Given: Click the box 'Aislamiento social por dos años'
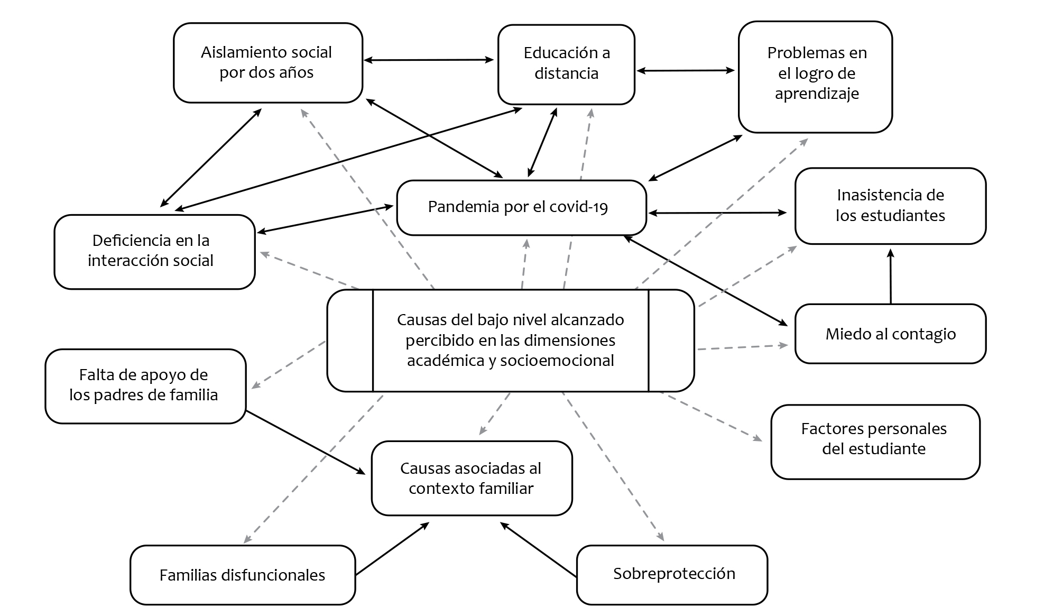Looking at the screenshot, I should (x=267, y=62).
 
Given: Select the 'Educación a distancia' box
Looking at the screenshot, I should (x=566, y=63).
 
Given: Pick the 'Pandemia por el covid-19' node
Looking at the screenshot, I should (x=521, y=207).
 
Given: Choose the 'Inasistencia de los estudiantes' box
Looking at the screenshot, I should (x=890, y=206).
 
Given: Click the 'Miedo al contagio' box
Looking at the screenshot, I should (x=890, y=334).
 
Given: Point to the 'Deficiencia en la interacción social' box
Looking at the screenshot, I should (x=154, y=251).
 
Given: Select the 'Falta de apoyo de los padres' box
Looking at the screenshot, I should (x=145, y=385).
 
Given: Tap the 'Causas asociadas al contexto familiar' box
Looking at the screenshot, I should (x=472, y=478).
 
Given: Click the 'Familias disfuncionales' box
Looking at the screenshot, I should (x=242, y=575).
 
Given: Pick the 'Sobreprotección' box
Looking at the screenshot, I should (x=672, y=574).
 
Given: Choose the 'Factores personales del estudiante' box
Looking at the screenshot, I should (x=875, y=442).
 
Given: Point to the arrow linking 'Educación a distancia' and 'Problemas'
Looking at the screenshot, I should (x=686, y=70).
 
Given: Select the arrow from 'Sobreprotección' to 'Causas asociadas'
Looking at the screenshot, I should (x=538, y=549).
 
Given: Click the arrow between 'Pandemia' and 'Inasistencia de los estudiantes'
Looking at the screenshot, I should (x=717, y=213).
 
